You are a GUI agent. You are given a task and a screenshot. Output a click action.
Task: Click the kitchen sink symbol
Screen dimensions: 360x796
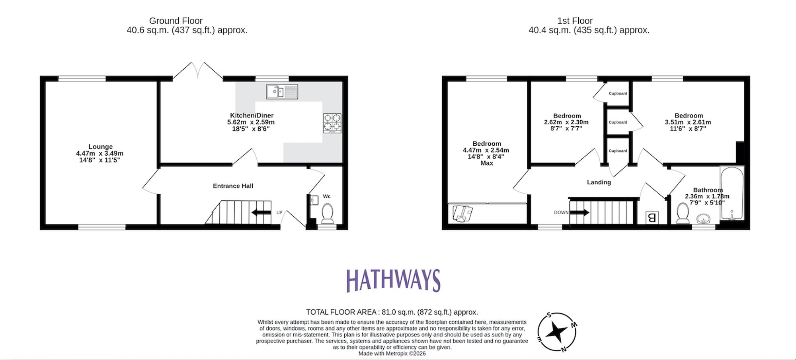(282, 92)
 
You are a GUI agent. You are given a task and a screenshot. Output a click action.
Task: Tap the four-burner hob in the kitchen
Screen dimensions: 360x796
(332, 123)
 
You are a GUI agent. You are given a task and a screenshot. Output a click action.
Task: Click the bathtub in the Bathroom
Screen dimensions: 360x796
(732, 193)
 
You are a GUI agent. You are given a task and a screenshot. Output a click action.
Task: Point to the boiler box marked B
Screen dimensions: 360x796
(652, 217)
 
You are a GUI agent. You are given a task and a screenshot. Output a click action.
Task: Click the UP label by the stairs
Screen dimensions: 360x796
(279, 213)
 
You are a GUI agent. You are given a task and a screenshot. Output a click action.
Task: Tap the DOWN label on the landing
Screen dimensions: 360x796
(561, 213)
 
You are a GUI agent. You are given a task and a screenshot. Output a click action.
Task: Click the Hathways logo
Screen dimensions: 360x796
(393, 280)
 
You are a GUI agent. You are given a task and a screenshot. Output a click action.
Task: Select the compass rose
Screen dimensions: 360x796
(557, 332)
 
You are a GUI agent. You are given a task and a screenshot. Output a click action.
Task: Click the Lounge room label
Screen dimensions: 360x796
(100, 147)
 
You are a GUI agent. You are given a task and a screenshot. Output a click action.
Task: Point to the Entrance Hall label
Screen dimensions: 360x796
(233, 186)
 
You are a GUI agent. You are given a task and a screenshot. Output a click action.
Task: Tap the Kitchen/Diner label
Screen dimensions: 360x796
(252, 115)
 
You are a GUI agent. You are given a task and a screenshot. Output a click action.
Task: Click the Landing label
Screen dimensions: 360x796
(599, 182)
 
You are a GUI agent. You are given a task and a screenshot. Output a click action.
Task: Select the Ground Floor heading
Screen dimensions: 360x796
(176, 21)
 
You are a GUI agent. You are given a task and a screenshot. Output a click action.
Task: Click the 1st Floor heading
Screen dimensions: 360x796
(575, 21)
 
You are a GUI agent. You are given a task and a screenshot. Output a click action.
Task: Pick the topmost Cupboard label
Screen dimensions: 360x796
(618, 94)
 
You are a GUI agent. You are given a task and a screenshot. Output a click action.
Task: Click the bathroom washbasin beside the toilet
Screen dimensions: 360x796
(704, 219)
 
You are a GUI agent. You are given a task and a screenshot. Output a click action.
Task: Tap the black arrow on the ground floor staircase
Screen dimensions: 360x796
(261, 213)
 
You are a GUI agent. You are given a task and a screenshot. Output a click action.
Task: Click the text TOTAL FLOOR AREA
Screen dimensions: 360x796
(341, 312)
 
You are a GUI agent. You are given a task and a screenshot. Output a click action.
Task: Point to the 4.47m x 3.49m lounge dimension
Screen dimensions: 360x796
(99, 153)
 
